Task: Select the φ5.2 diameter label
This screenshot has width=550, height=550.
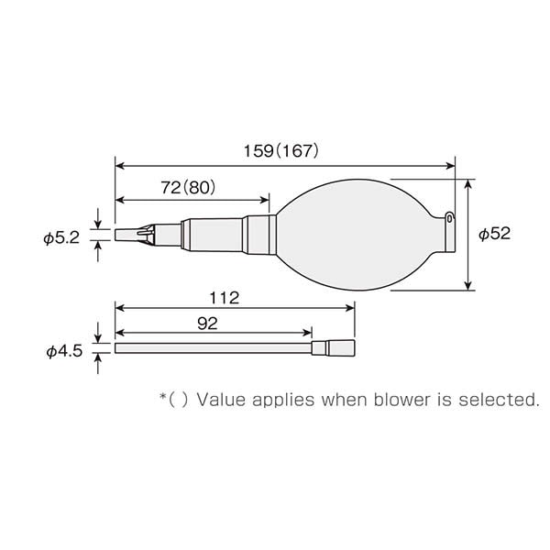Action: pyautogui.click(x=61, y=237)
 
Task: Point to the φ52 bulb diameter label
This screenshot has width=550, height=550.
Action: pyautogui.click(x=494, y=234)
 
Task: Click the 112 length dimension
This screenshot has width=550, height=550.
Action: pyautogui.click(x=224, y=298)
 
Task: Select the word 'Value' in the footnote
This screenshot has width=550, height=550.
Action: pyautogui.click(x=218, y=399)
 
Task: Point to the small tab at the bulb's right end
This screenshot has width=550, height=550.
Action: pyautogui.click(x=450, y=217)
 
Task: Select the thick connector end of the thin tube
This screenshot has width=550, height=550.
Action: pyautogui.click(x=335, y=348)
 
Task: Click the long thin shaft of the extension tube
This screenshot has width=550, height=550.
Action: pyautogui.click(x=211, y=348)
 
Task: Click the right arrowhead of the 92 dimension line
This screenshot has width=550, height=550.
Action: pyautogui.click(x=308, y=333)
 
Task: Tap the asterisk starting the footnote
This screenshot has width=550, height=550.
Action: pyautogui.click(x=163, y=397)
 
